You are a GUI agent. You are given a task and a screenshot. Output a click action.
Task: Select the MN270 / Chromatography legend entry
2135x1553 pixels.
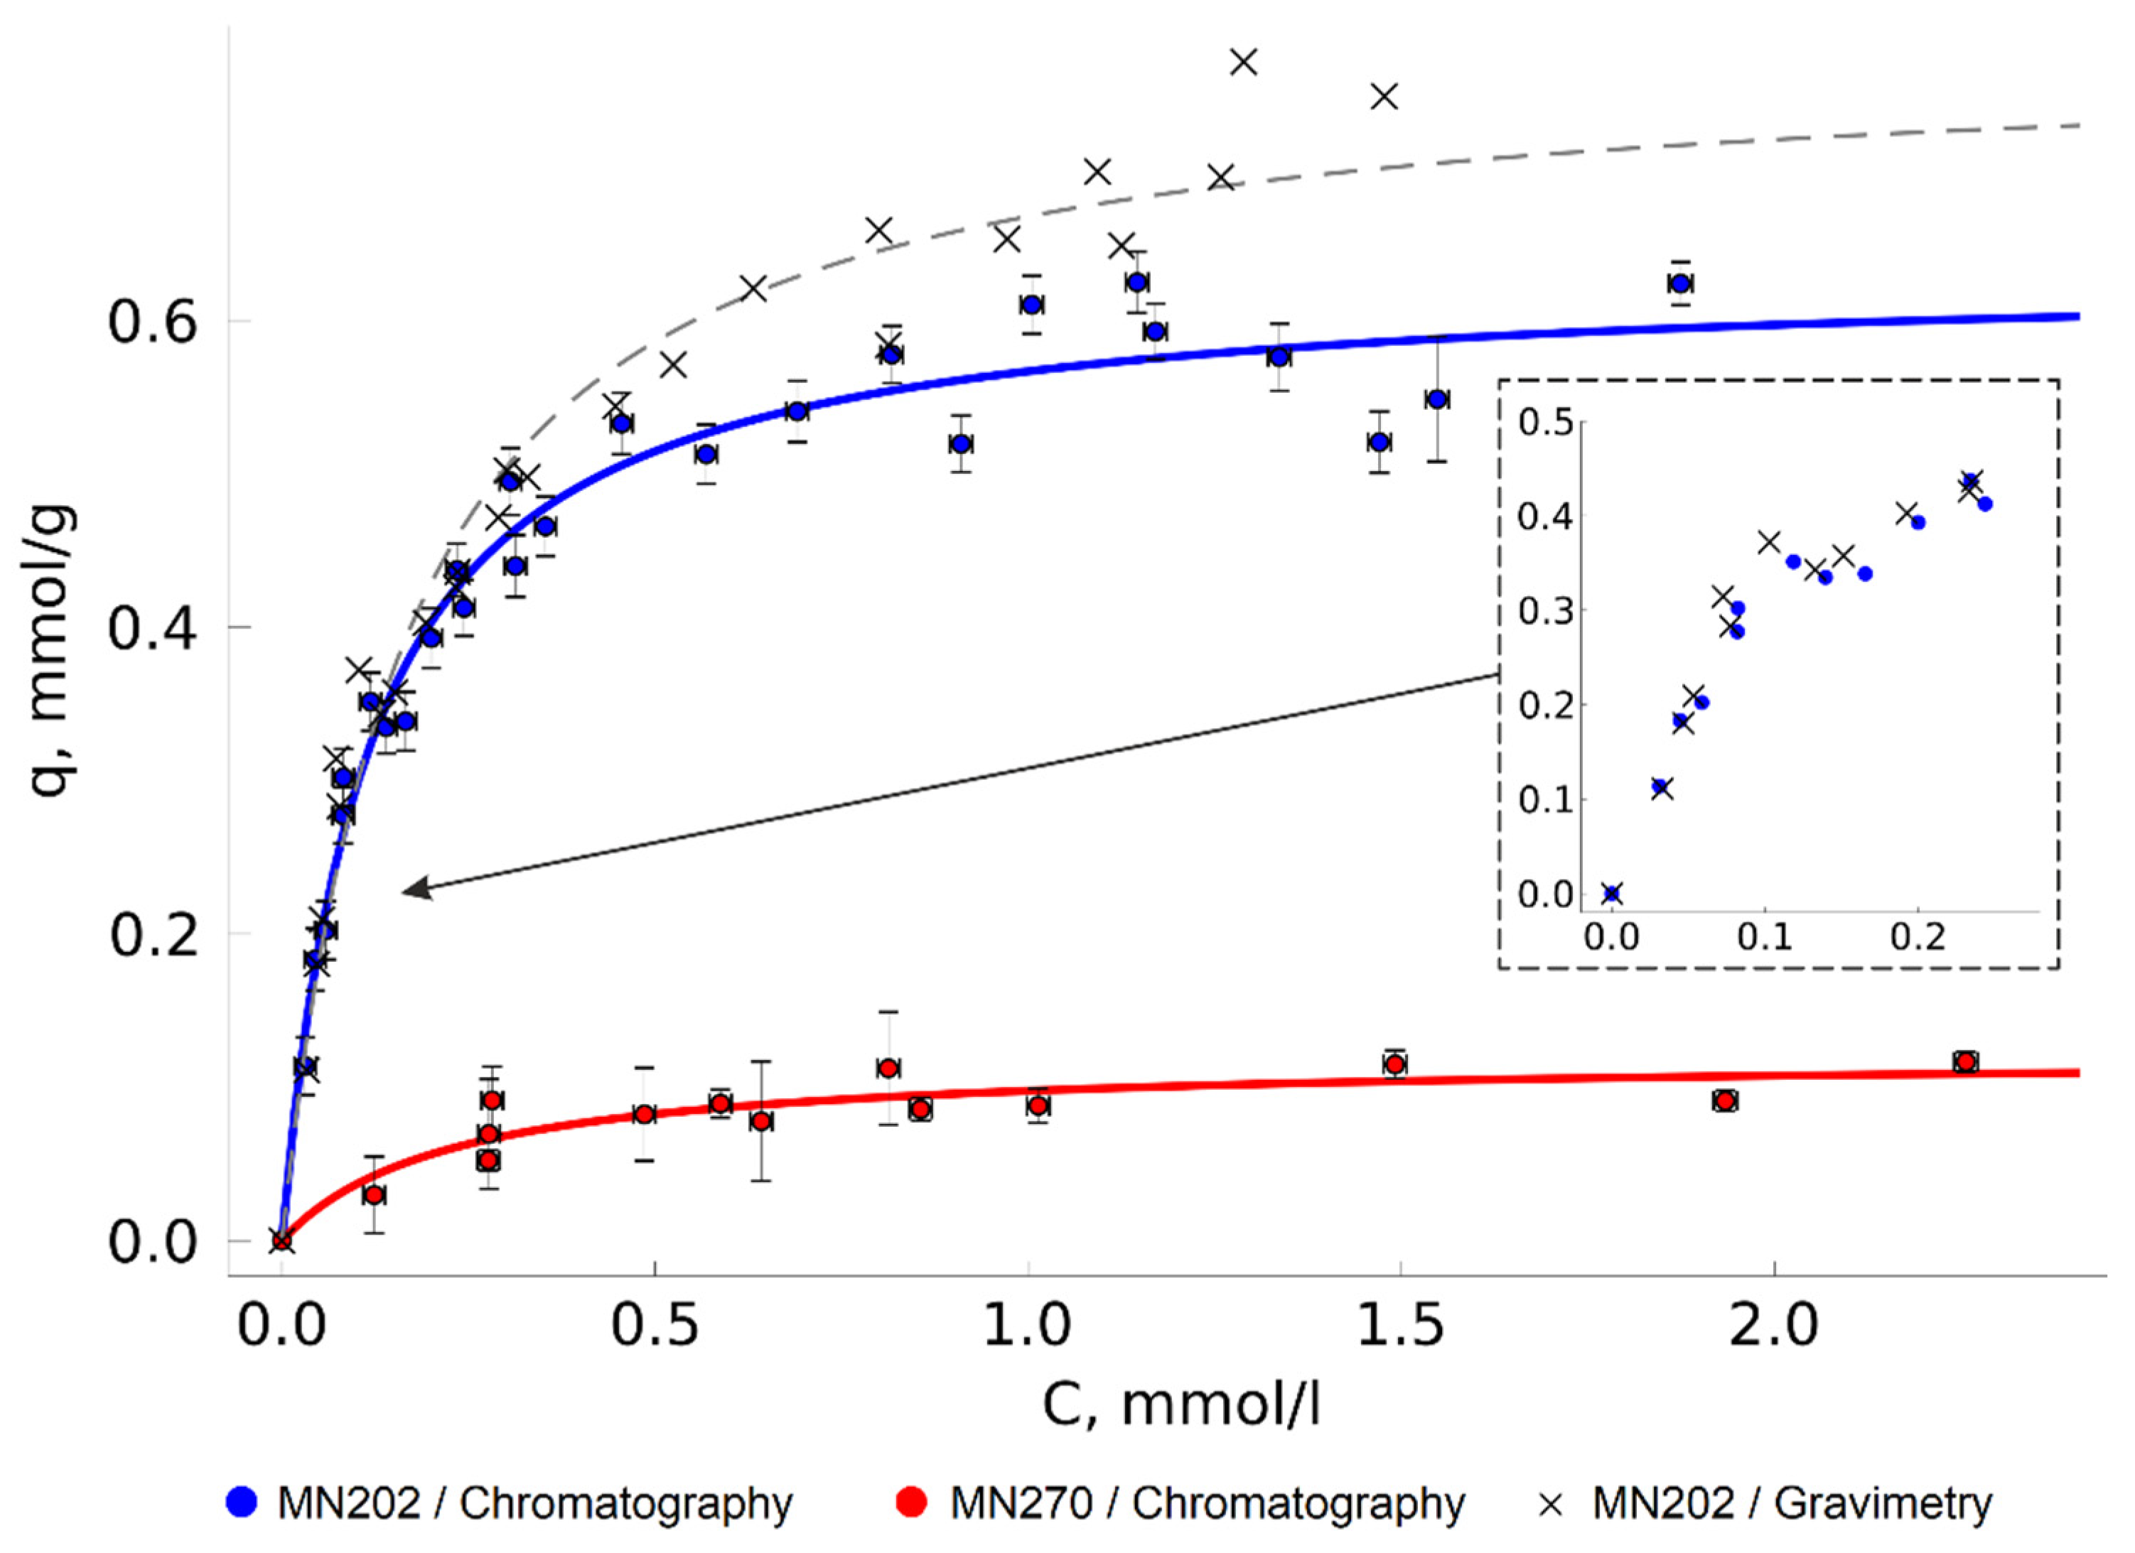tap(1181, 1503)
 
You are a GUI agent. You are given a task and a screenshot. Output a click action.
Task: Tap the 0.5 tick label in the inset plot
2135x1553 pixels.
tap(1545, 423)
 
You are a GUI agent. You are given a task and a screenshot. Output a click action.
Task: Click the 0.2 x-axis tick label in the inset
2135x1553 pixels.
tap(1918, 938)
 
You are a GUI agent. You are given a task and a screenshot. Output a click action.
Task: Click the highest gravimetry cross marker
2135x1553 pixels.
tap(1244, 62)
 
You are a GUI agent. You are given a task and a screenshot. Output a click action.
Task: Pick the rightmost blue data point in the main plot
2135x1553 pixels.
tap(1680, 283)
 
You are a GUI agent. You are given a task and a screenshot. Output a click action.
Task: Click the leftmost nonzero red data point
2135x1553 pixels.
tap(374, 1194)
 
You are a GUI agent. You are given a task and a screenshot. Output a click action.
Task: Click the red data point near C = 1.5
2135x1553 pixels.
tap(1395, 1064)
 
